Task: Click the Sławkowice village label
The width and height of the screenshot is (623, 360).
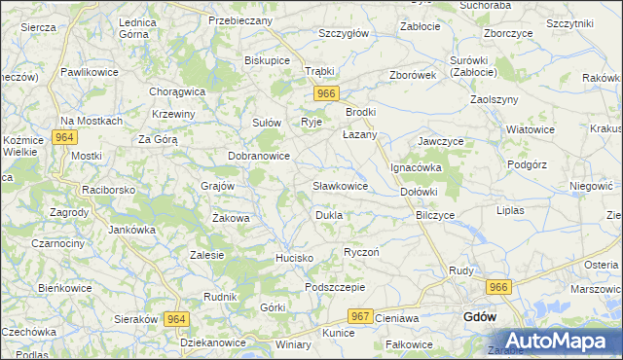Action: tap(340, 185)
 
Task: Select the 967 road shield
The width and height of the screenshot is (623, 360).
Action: tap(361, 316)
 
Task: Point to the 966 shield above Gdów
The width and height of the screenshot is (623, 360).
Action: tap(499, 287)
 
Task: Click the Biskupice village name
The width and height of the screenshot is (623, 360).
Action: tap(268, 59)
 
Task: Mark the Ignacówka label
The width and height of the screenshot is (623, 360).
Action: tap(417, 167)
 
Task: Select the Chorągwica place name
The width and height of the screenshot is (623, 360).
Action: tap(176, 91)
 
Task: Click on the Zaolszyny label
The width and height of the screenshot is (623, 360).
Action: tap(494, 99)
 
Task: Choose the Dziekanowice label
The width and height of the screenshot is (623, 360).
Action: tap(213, 343)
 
